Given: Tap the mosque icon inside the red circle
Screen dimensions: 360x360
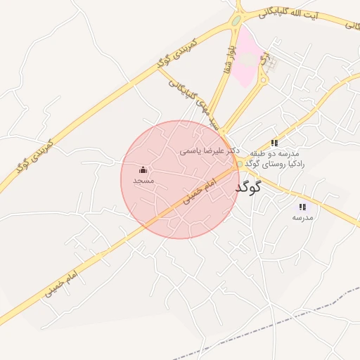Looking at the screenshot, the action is pos(143,169).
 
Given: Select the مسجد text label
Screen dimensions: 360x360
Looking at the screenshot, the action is pos(143,181).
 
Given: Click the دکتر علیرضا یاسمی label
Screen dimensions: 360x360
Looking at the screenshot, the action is pos(210,150).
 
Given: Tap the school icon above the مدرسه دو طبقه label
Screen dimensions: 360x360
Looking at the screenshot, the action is pos(274,143).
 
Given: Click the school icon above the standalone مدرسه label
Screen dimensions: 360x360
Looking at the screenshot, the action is pos(302,207).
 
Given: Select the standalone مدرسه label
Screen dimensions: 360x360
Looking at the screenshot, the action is pos(302,217).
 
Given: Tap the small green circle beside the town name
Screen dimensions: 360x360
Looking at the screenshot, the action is pos(240,165).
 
